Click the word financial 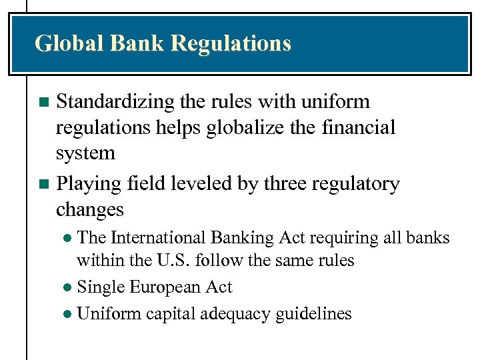pyautogui.click(x=362, y=127)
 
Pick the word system pyautogui.click(x=85, y=153)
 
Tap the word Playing pyautogui.click(x=87, y=184)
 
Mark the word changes pyautogui.click(x=90, y=210)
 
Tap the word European pyautogui.click(x=166, y=287)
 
